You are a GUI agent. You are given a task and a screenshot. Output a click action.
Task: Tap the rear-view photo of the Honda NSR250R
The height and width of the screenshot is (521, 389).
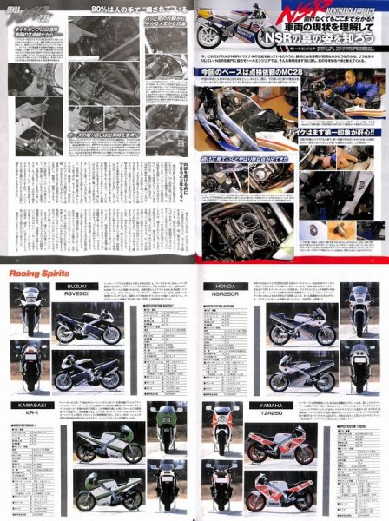point(363,359)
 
